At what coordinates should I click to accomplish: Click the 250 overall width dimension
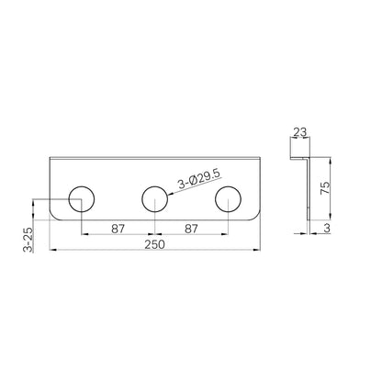point(155,244)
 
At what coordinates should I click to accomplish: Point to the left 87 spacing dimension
point(118,229)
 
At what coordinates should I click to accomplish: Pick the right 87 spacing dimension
point(191,229)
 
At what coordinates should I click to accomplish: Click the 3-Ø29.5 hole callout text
point(198,179)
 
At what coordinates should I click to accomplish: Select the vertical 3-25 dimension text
point(28,240)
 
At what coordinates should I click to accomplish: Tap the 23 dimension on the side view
point(300,132)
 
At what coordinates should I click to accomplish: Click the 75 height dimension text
point(325,188)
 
